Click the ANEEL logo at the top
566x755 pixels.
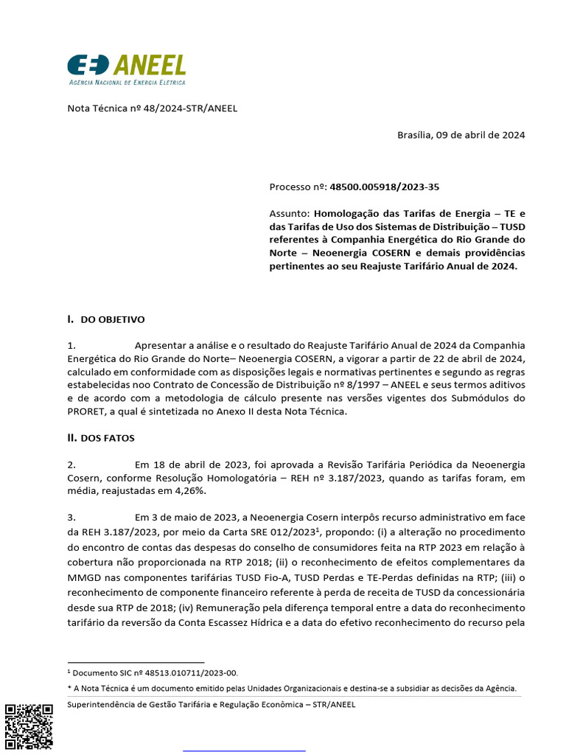126,66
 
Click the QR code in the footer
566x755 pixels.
29,727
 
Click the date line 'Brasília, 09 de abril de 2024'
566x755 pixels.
461,135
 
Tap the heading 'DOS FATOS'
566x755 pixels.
108,438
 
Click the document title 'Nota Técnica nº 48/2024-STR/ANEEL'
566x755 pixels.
153,108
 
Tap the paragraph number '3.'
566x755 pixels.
71,518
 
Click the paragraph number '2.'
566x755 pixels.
71,465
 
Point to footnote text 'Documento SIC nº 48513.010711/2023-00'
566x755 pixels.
155,672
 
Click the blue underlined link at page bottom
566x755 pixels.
244,751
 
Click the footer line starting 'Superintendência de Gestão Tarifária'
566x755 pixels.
211,704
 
